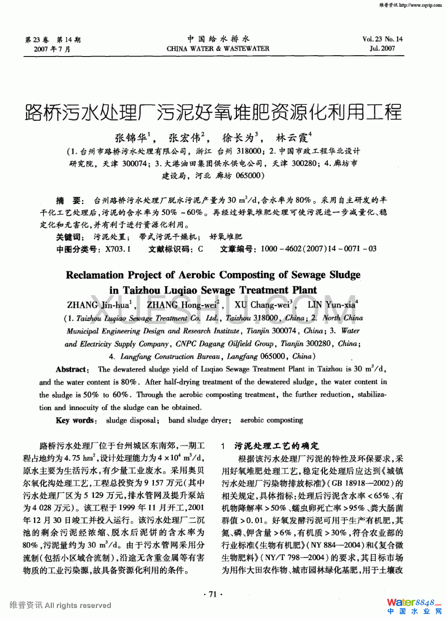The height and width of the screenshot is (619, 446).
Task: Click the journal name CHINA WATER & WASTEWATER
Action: [218, 48]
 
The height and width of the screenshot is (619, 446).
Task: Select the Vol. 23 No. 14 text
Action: [382, 39]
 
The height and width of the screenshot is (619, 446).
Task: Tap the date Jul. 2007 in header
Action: [382, 48]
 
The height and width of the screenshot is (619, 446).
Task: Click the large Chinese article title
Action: [213, 112]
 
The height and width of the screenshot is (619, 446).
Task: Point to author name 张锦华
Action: [131, 137]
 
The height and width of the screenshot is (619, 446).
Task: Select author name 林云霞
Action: [292, 137]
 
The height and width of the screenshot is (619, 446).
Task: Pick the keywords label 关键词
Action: [70, 237]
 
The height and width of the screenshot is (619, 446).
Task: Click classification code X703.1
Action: [118, 249]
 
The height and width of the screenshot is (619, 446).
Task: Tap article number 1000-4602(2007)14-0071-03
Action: [318, 249]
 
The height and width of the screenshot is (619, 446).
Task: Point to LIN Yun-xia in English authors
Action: [332, 305]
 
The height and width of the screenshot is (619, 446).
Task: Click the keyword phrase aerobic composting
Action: [272, 420]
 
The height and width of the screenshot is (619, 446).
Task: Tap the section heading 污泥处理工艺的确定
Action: [276, 446]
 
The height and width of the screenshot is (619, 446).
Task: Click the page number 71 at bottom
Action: [212, 594]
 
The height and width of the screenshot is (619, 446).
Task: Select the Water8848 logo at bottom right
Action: [413, 603]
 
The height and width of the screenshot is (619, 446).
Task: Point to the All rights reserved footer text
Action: [78, 605]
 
